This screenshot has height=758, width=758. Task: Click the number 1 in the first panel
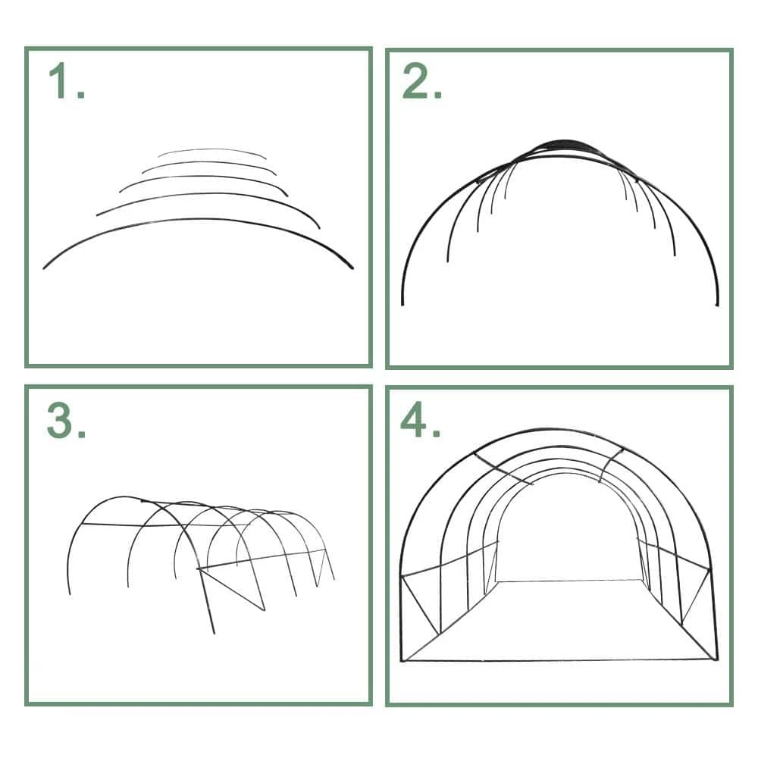(x=59, y=81)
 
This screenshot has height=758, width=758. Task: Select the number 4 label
(x=415, y=420)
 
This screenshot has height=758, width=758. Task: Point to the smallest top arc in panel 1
(x=211, y=150)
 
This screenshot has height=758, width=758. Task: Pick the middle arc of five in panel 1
(x=203, y=177)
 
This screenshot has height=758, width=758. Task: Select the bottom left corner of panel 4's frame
(x=402, y=660)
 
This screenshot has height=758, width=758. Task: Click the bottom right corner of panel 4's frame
(x=716, y=659)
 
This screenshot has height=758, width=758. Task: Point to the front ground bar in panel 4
(x=559, y=660)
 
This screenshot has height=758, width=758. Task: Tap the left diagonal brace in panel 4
(x=421, y=605)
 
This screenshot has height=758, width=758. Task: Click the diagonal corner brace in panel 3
(x=231, y=589)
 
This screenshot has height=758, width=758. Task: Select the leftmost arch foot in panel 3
(x=69, y=590)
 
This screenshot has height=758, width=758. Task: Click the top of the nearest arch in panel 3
(x=124, y=497)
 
